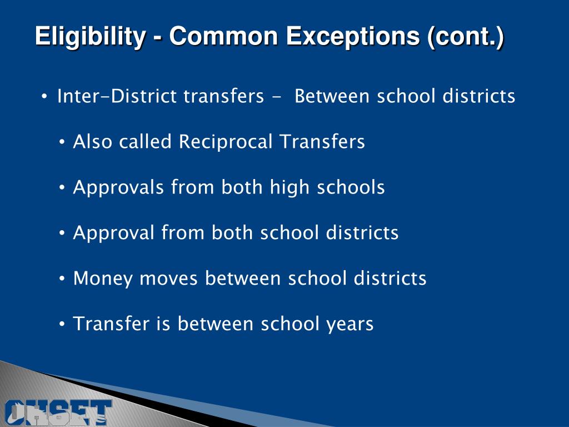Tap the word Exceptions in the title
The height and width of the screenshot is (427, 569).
[353, 37]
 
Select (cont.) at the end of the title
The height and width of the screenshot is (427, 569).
[466, 37]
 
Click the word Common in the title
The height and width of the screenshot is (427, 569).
[223, 37]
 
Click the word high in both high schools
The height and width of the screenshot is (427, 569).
[291, 187]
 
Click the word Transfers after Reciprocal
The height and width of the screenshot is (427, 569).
[322, 142]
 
